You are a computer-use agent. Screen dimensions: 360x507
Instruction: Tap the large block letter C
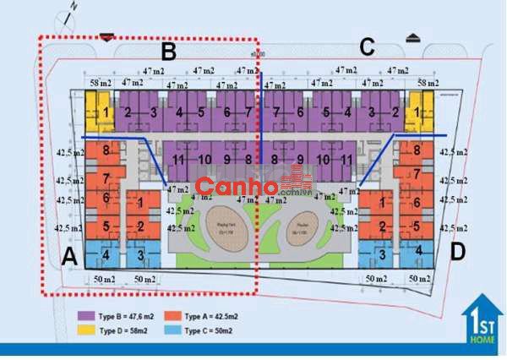click(367, 47)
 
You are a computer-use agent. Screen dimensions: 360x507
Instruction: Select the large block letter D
click(458, 252)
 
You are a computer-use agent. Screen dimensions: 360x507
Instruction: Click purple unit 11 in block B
click(178, 159)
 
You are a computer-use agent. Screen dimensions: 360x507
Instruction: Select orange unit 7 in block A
click(106, 178)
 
